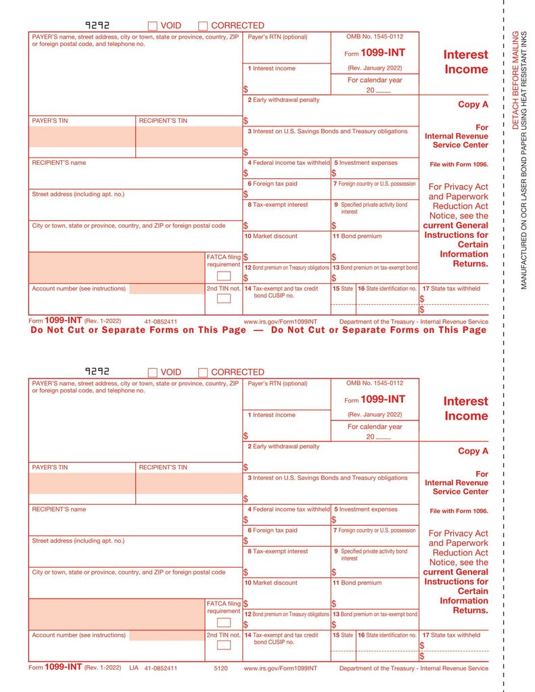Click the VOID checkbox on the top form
(152, 26)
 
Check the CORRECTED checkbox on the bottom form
(203, 372)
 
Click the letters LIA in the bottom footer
(133, 668)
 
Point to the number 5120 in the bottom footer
(220, 668)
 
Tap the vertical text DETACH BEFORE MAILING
(515, 80)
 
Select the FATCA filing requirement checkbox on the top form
(223, 276)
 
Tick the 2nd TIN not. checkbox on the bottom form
(223, 645)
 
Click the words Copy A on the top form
(473, 105)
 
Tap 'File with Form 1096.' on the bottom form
(459, 511)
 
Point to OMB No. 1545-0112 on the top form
(375, 36)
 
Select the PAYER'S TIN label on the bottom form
(50, 467)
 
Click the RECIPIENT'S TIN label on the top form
(163, 120)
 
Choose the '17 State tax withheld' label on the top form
(451, 289)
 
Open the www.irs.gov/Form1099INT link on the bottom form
(280, 668)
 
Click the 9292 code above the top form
(97, 25)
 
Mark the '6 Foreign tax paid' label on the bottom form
(272, 530)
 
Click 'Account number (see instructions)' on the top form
(78, 289)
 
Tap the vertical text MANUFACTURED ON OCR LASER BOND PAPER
(524, 189)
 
